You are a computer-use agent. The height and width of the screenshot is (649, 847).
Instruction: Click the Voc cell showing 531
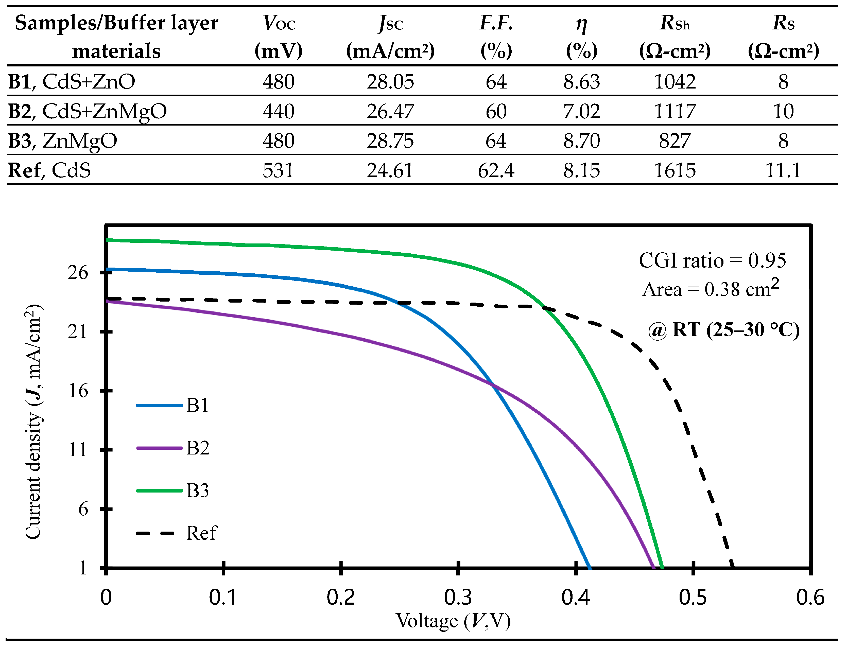click(278, 170)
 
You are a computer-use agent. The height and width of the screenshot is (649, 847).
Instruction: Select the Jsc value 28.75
click(390, 141)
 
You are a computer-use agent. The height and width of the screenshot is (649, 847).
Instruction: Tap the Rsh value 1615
click(675, 170)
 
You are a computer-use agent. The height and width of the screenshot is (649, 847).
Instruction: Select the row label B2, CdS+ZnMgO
click(87, 111)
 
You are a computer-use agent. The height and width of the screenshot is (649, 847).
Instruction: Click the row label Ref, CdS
click(49, 170)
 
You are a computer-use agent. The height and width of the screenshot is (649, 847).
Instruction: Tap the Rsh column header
click(675, 37)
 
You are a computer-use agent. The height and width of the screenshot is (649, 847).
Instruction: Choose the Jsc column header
click(390, 37)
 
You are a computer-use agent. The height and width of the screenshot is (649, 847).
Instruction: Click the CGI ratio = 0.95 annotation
click(712, 261)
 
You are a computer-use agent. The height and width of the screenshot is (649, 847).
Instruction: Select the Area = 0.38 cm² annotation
click(710, 289)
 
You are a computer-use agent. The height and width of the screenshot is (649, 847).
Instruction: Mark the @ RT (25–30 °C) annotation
click(723, 330)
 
